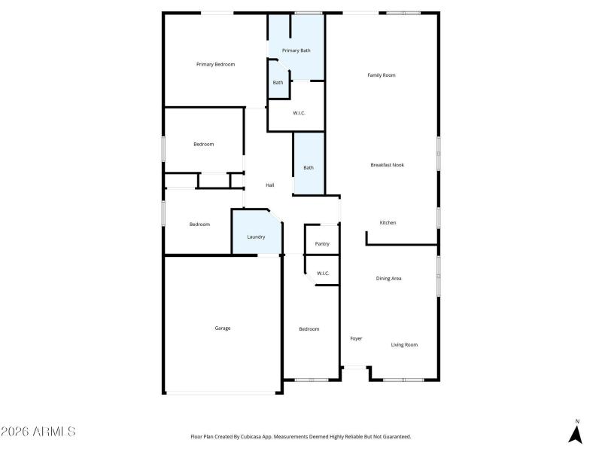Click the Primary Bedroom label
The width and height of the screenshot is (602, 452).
pos(215,65)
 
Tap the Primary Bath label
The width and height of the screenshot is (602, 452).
pos(296,50)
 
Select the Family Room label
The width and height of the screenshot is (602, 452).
pos(381,75)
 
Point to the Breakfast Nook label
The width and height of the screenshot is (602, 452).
pos(387,165)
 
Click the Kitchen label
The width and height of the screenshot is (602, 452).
pos(388,223)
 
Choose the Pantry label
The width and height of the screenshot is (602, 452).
pos(322,244)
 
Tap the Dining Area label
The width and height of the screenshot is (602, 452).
pos(388,279)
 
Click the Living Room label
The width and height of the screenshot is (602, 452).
pos(403,345)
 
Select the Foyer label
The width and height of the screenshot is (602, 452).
pos(356,339)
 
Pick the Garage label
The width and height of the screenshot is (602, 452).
pos(223,328)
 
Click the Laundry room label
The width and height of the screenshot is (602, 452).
pos(256,237)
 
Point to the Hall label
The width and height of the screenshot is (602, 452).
pos(269,185)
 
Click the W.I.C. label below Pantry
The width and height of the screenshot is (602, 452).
pos(323,273)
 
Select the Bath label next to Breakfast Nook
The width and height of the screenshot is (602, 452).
pos(309,167)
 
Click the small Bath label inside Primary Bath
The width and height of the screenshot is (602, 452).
pos(278,82)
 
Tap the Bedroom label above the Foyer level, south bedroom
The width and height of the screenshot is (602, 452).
pos(309,329)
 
